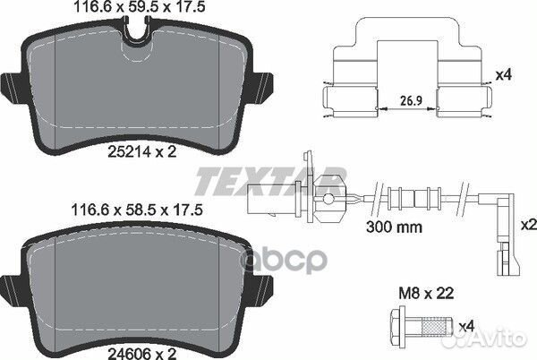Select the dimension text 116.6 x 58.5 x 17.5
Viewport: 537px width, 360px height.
coord(132,211)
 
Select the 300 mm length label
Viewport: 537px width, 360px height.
coord(396,227)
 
